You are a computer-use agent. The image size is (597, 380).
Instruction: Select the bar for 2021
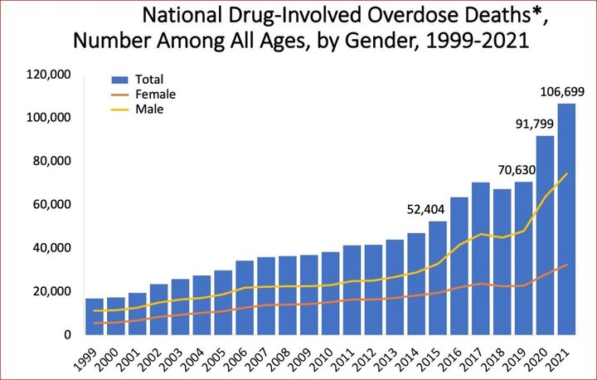[566, 219]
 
